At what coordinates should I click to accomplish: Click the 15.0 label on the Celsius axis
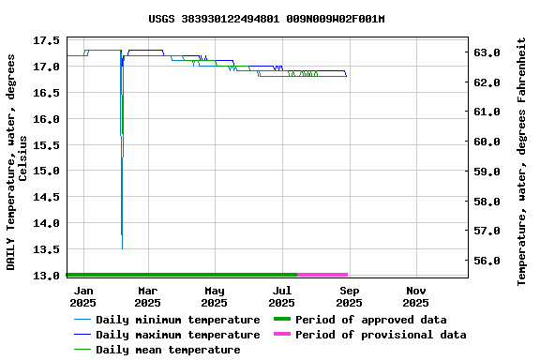coord(46,171)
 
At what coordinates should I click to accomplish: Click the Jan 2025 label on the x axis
coord(83,296)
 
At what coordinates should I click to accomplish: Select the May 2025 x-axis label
coord(215,296)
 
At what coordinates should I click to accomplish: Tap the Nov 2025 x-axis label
coord(415,296)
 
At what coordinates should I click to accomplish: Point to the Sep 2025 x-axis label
coord(349,296)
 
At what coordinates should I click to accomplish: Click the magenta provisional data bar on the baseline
coord(322,275)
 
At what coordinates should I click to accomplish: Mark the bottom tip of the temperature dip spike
coord(122,247)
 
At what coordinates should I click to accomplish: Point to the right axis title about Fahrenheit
coord(522,161)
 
